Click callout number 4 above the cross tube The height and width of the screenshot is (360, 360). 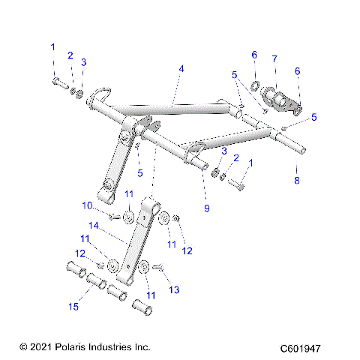181,68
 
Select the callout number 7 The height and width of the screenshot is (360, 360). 274,58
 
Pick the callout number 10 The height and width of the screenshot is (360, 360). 87,205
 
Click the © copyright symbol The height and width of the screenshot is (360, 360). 22,347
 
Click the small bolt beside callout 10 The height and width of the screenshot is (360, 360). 113,216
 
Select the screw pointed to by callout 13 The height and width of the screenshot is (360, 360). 158,266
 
